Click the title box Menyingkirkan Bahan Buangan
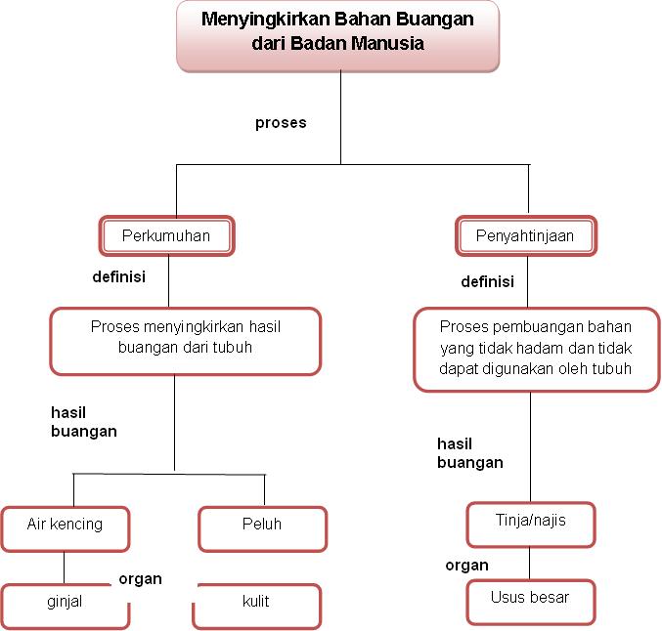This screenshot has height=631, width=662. point(338,34)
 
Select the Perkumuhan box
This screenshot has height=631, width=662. point(166,235)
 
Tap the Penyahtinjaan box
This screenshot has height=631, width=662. point(525,235)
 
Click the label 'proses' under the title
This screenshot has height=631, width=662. point(281,123)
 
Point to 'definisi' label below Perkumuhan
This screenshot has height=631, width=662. point(118,277)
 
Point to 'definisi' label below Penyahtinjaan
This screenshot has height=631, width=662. point(487,282)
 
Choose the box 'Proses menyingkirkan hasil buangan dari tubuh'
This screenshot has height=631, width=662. point(185,340)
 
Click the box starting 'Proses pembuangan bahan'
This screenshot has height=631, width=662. point(535,348)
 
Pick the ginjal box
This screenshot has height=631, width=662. point(65,603)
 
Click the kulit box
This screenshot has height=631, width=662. point(256,603)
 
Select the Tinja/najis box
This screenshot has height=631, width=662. point(530,521)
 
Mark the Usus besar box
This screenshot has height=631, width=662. point(530,598)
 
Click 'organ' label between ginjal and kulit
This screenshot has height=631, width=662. point(140,579)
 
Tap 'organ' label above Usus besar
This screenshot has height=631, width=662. point(466,566)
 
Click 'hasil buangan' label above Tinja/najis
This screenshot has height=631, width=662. point(469,453)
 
